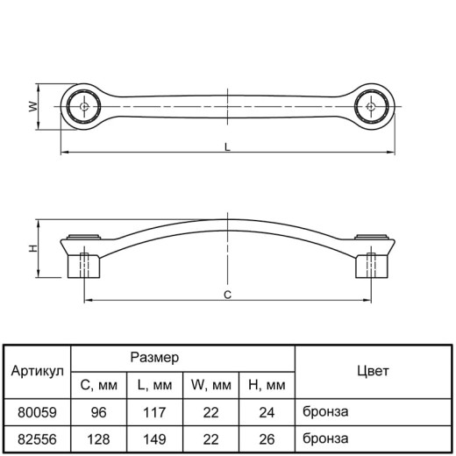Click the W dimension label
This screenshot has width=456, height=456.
tap(34, 106)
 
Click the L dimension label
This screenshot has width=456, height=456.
tap(227, 147)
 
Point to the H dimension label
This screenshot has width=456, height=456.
tap(33, 248)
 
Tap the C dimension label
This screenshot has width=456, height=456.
tap(227, 295)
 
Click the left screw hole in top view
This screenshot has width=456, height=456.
tap(84, 106)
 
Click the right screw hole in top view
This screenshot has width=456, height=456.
tap(371, 106)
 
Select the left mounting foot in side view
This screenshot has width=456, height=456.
tap(84, 266)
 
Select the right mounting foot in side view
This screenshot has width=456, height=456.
tap(372, 266)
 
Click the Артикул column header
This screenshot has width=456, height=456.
tap(37, 371)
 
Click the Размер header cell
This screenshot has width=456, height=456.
tap(154, 357)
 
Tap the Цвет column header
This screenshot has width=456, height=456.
tap(373, 371)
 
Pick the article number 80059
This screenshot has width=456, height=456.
tap(37, 412)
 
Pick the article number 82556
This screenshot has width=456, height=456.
tap(37, 439)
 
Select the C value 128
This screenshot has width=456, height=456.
tap(98, 439)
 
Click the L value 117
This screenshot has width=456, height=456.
tap(154, 412)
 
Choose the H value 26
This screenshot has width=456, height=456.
tap(267, 439)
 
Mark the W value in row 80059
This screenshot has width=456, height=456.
tap(210, 412)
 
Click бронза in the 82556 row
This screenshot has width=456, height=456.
tap(325, 438)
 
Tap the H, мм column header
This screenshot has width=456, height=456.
tap(267, 385)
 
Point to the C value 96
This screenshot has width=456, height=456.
tap(98, 412)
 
